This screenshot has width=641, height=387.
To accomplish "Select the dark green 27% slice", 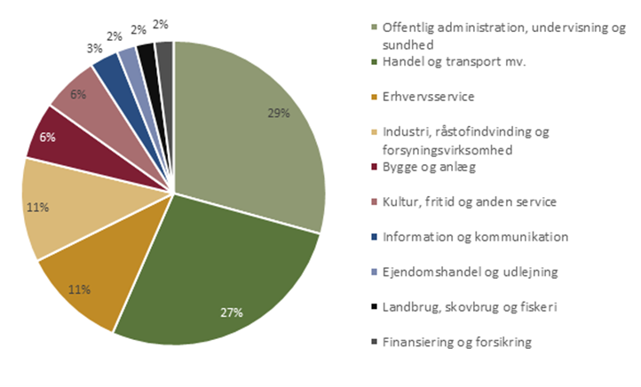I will point(222,275).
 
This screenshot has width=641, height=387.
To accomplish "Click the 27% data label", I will point(232,312).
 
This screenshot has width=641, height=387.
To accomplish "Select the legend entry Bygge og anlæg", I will point(424,167).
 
